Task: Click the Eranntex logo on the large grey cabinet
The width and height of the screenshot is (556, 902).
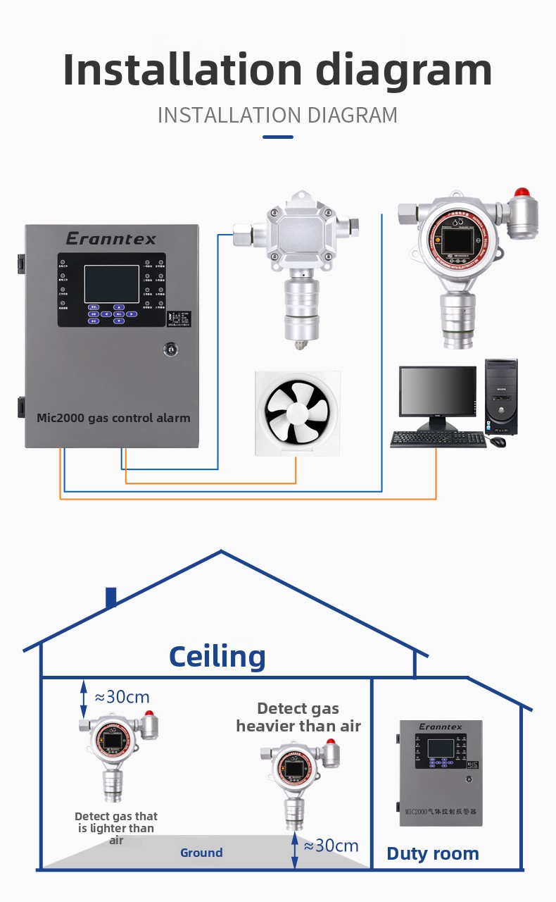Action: [x=111, y=239]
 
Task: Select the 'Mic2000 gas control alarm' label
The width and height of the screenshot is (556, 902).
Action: [x=113, y=418]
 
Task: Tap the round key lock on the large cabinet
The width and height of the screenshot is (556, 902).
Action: [x=169, y=348]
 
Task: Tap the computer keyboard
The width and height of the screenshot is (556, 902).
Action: [x=438, y=440]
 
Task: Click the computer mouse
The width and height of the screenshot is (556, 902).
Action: [x=498, y=442]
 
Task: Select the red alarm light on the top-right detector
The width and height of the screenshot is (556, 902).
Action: [x=521, y=192]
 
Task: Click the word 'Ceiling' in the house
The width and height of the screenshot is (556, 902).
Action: [x=217, y=657]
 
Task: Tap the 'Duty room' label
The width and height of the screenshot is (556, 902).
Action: [x=433, y=854]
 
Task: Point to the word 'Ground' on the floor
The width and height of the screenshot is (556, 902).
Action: [x=201, y=853]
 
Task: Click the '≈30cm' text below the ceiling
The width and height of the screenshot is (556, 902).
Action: [x=122, y=697]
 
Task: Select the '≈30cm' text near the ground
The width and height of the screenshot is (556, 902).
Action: [x=331, y=846]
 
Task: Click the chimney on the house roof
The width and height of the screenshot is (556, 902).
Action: [x=110, y=597]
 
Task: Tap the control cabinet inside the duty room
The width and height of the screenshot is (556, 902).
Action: [x=441, y=772]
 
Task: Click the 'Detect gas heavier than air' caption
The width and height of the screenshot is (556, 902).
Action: [x=298, y=717]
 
